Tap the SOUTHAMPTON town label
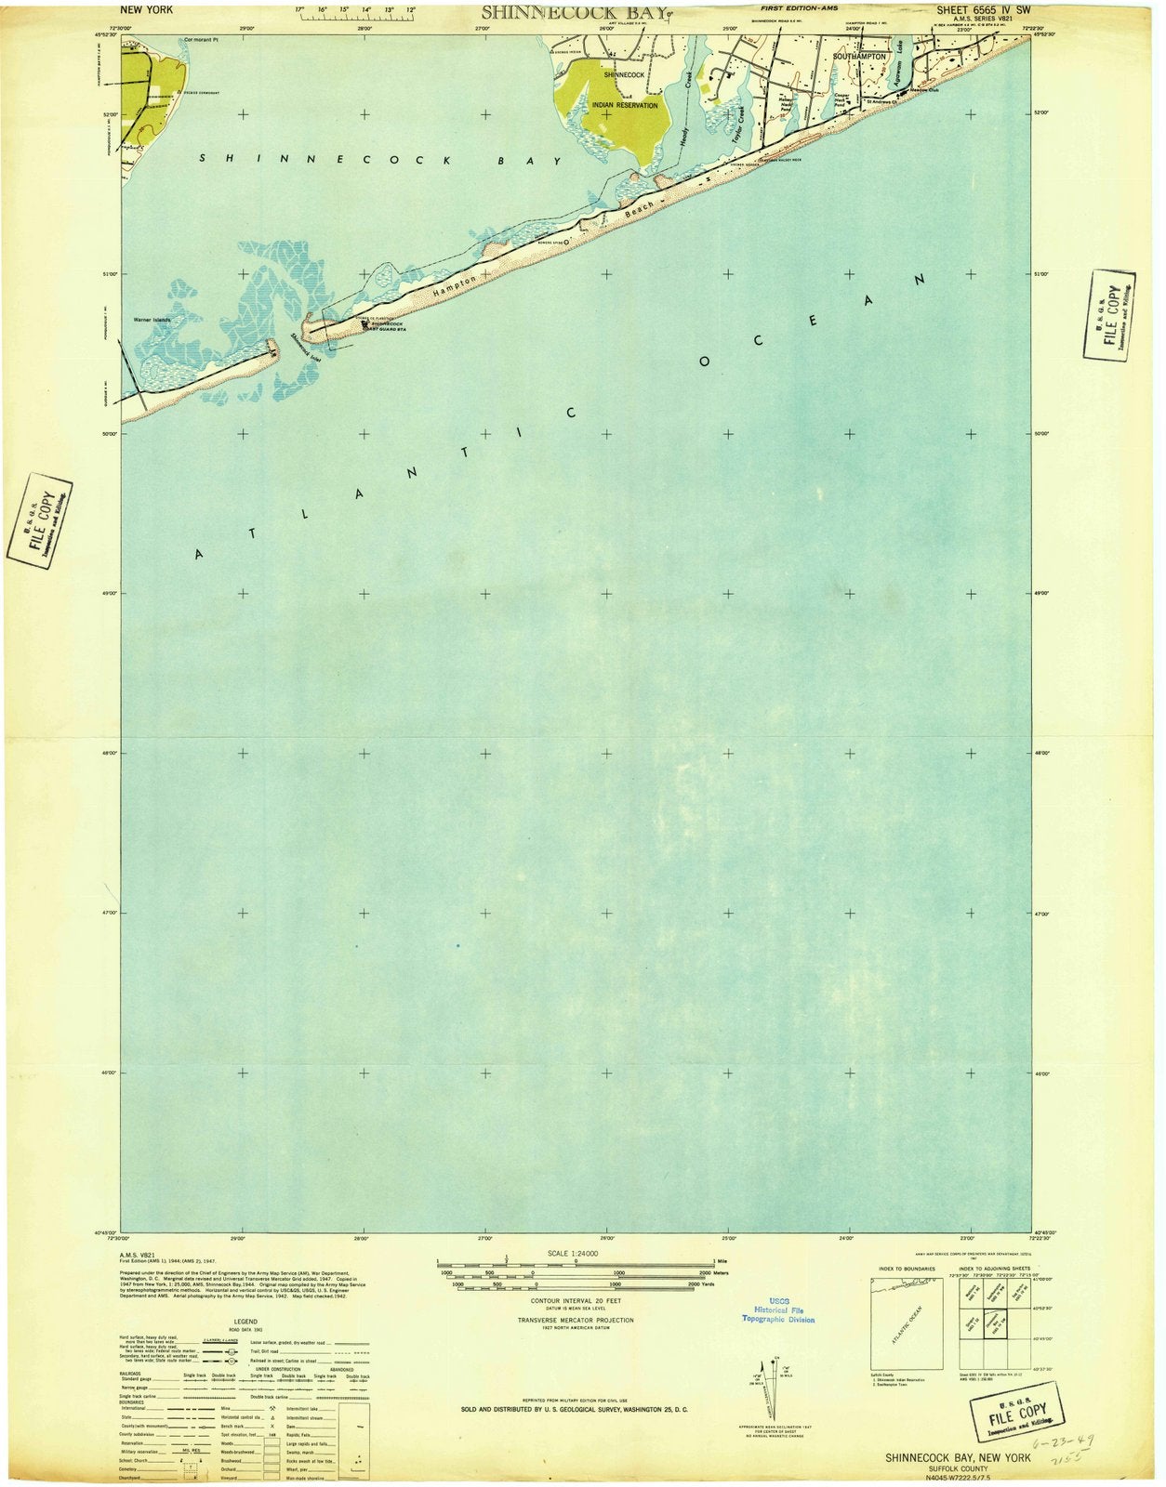click(x=859, y=57)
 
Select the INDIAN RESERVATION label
click(x=625, y=105)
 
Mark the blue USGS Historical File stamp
click(x=777, y=1310)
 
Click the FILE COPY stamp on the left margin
click(x=40, y=521)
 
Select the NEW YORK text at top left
click(x=147, y=9)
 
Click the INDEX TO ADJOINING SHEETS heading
click(x=993, y=1269)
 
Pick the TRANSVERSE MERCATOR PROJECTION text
click(x=576, y=1320)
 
